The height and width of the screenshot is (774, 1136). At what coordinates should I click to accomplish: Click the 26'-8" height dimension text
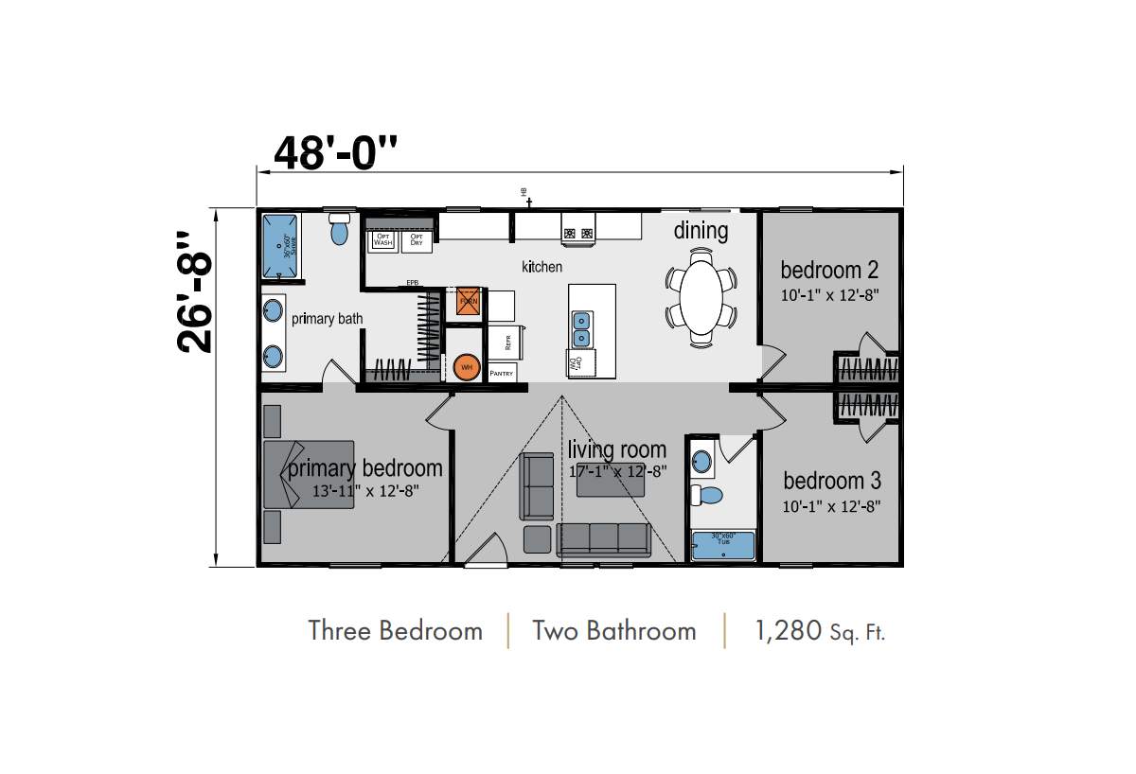197,292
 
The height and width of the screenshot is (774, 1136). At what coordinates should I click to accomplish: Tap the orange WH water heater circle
466,367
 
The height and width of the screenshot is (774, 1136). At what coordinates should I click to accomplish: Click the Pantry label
502,374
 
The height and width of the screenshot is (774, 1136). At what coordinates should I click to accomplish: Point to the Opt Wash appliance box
382,240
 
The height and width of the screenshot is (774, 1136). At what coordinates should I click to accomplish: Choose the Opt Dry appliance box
416,240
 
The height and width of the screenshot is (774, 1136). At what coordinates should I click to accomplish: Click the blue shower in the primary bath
281,244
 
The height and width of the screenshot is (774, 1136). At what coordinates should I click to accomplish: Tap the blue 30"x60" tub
723,546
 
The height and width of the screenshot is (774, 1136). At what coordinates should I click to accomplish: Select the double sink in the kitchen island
581,327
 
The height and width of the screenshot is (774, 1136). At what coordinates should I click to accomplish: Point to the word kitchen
541,268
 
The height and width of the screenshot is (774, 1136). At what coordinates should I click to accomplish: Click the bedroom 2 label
823,271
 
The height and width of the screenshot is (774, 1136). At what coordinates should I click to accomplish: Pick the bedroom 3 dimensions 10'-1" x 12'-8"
831,506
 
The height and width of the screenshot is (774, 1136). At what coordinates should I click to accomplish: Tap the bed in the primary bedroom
308,474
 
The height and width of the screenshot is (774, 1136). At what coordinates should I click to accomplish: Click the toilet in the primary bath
340,229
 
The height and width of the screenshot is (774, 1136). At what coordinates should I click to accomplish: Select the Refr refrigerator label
508,342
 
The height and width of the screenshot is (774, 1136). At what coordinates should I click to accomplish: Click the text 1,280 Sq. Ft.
820,631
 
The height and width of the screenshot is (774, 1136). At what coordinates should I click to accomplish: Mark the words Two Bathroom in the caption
613,631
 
